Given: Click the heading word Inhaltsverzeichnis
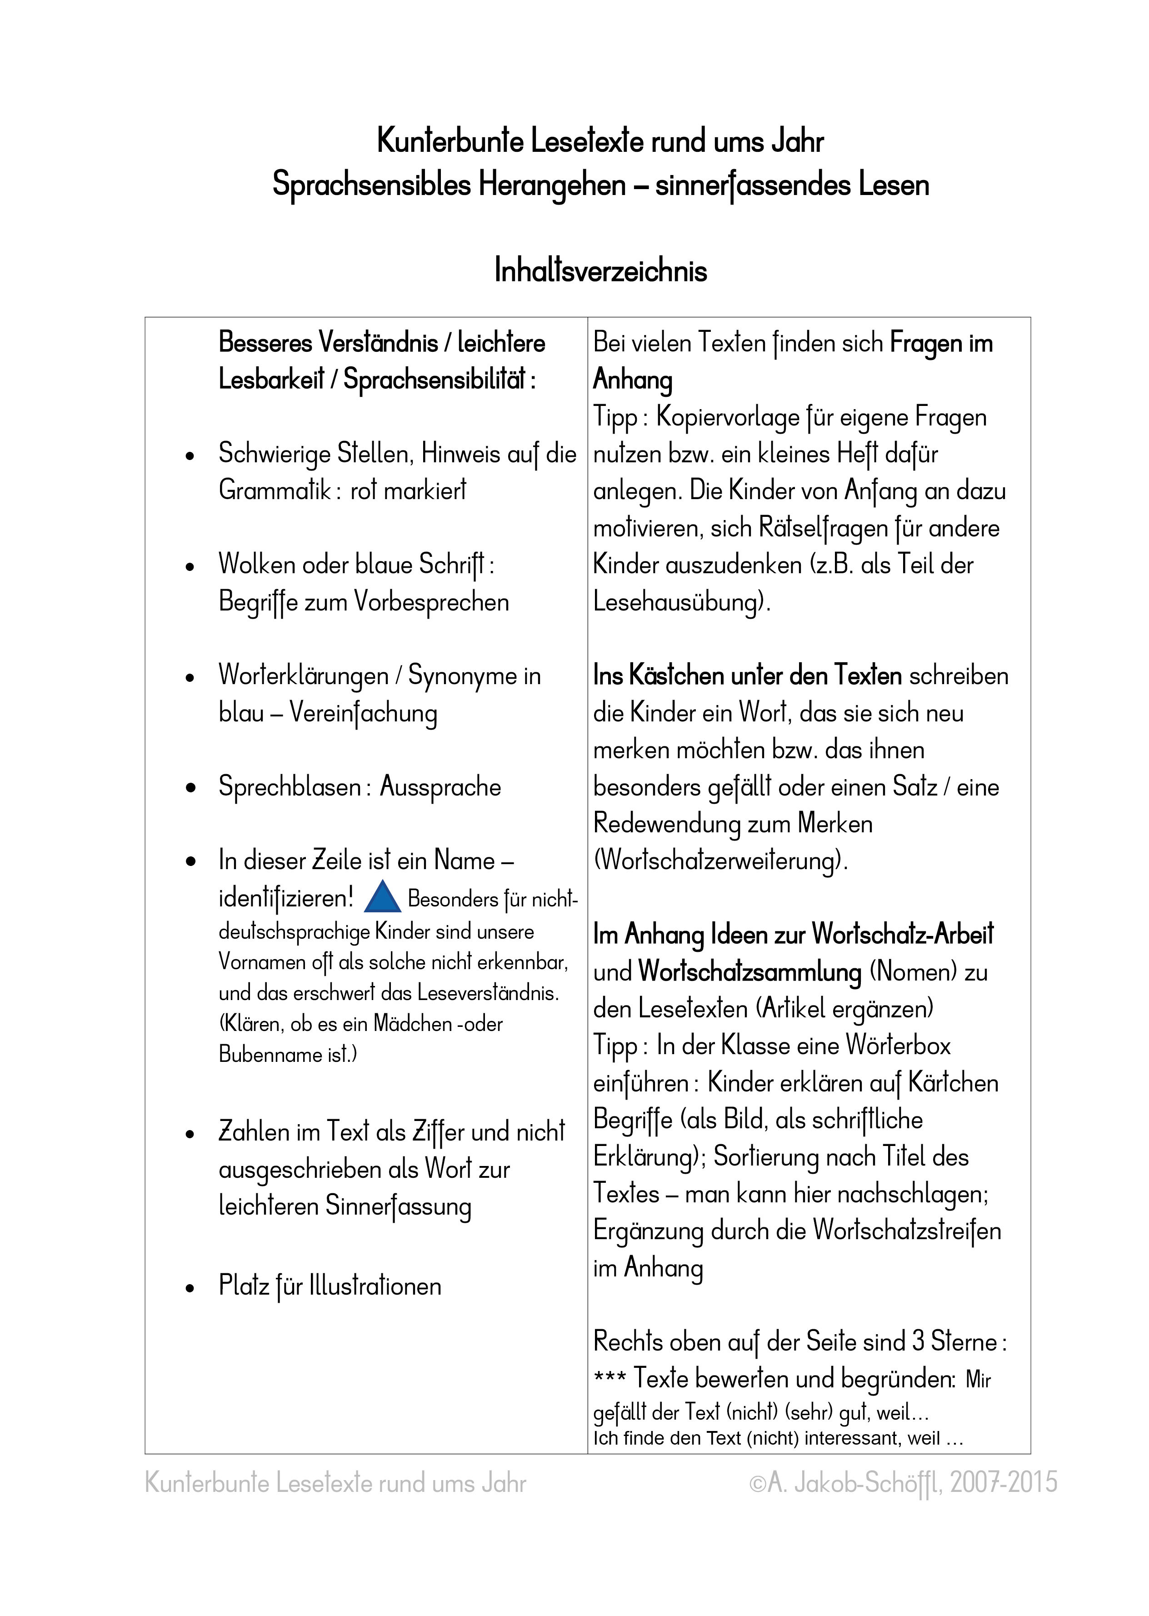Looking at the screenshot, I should [601, 271].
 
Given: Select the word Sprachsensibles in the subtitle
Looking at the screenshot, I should [371, 185].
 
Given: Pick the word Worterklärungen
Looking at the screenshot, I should [304, 675].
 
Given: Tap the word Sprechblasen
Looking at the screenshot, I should [290, 787].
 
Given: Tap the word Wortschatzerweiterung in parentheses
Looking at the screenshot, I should [720, 861].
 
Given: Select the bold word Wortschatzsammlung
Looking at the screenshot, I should [749, 972].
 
